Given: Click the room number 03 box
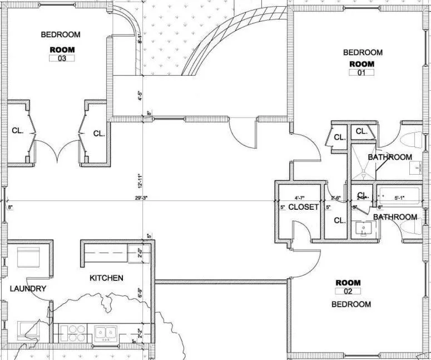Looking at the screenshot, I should (62, 58).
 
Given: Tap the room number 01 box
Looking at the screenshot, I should (361, 72).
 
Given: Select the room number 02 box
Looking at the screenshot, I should (348, 291).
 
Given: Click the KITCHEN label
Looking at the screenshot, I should (107, 278).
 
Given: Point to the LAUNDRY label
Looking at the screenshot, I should (28, 288).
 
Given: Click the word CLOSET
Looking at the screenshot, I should (304, 207).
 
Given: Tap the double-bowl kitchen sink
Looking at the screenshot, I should (105, 333).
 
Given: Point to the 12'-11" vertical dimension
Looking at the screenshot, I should (143, 179).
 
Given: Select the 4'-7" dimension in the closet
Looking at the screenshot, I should (300, 197).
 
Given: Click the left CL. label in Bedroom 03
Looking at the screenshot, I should (17, 131).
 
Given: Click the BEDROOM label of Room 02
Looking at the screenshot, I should (351, 304).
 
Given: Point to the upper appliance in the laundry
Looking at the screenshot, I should (28, 258).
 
